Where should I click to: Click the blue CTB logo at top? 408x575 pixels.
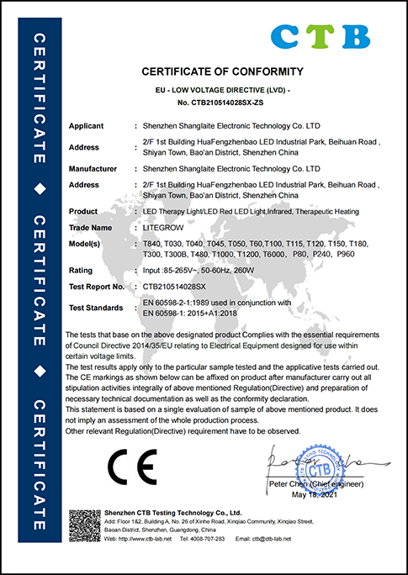321,34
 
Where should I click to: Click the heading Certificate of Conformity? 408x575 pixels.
222,71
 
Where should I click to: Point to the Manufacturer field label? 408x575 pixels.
93,169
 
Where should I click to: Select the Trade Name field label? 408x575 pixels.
89,228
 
